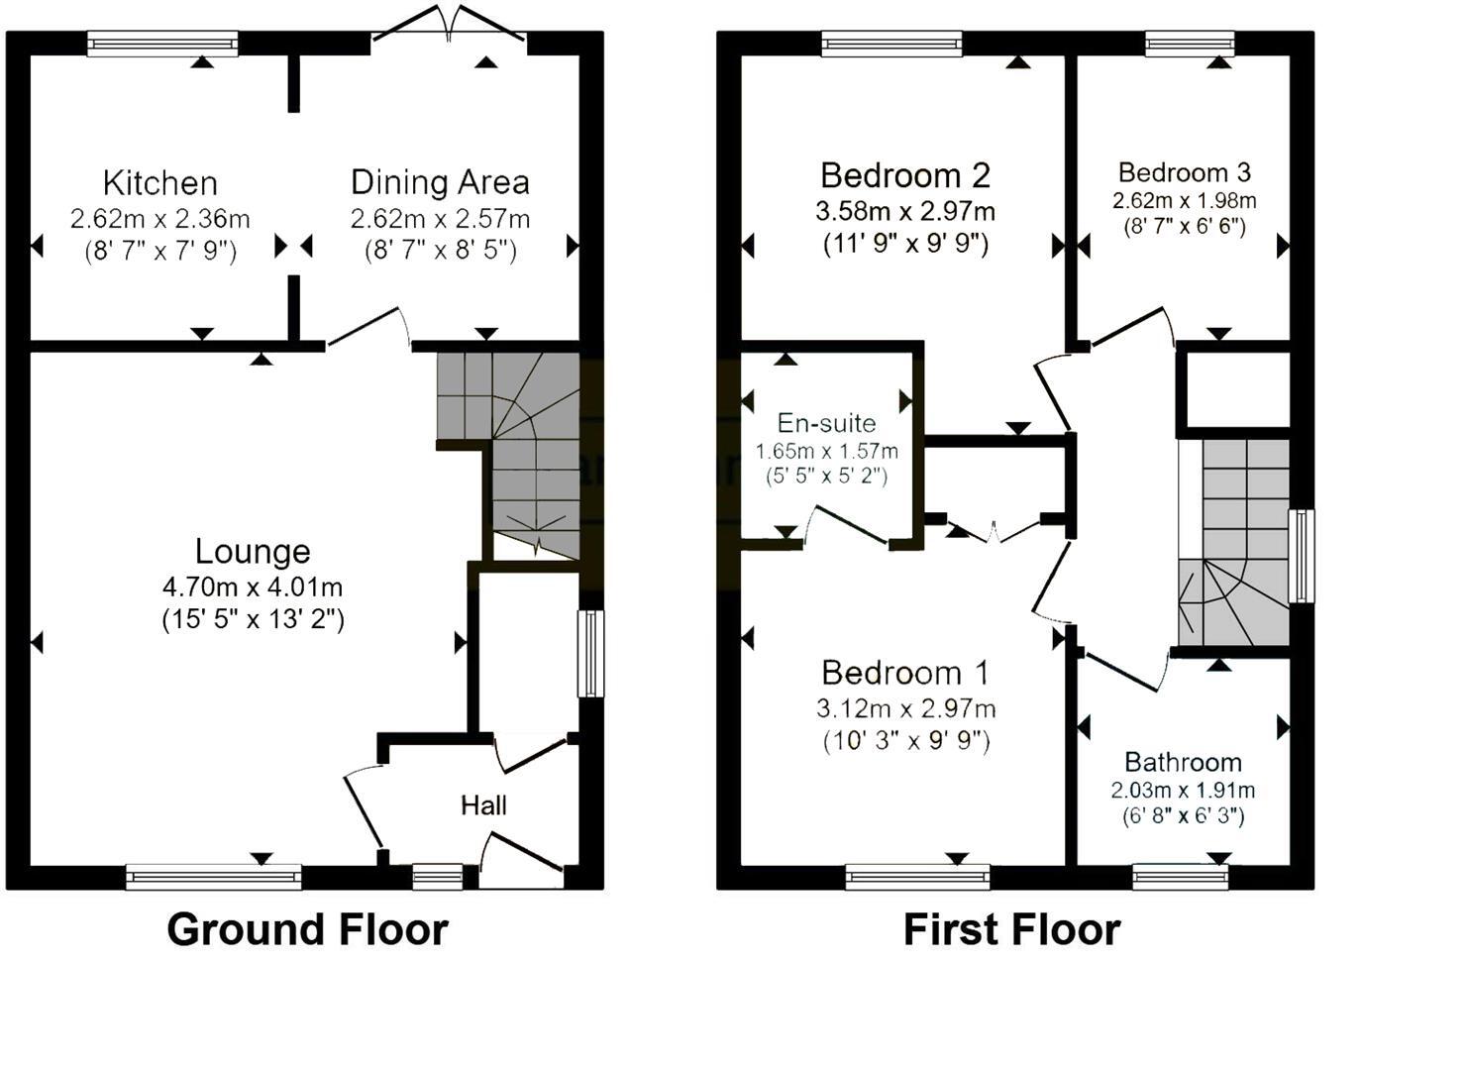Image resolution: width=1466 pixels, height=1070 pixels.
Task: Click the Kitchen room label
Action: click(x=159, y=183)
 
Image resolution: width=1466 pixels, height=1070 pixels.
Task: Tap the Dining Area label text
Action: click(x=440, y=182)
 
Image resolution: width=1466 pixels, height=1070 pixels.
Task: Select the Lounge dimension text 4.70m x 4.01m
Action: click(x=253, y=588)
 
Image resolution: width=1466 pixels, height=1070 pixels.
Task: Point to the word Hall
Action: click(x=483, y=805)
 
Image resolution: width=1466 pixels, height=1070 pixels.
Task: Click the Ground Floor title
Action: click(x=307, y=930)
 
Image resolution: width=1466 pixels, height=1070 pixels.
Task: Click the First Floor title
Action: click(x=1011, y=930)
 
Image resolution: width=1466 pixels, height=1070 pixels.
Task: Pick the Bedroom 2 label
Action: click(x=904, y=175)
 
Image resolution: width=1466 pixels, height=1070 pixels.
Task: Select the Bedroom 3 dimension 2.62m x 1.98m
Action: click(x=1184, y=201)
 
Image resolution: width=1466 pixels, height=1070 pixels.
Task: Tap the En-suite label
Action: click(x=826, y=423)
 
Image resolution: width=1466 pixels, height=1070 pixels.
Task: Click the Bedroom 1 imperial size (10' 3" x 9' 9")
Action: click(x=905, y=740)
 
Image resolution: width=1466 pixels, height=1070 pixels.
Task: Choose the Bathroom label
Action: click(x=1183, y=762)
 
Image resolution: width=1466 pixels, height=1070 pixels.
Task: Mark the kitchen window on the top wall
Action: click(x=162, y=44)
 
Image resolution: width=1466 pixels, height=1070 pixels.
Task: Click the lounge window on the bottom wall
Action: click(x=213, y=876)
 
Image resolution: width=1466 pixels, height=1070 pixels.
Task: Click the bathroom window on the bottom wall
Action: click(x=1180, y=876)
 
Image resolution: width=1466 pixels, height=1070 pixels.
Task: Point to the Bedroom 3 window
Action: click(x=1190, y=44)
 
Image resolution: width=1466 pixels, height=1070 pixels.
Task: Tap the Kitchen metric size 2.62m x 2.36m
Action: click(x=159, y=219)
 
